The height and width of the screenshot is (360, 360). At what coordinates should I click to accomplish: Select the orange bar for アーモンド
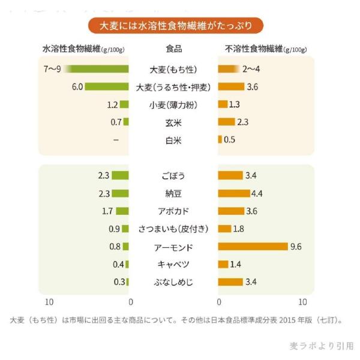pos(253,247)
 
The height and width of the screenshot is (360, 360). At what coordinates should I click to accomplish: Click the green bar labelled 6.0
pos(107,87)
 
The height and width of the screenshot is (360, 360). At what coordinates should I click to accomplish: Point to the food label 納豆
pos(173,193)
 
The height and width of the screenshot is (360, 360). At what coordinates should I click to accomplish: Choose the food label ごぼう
pos(173,176)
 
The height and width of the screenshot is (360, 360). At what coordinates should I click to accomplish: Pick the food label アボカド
pos(173,211)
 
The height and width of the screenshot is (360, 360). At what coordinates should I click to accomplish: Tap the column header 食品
pos(173,49)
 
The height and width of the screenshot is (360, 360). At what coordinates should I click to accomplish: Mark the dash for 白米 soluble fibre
pos(116,140)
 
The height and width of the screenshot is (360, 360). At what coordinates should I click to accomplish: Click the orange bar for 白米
pos(220,140)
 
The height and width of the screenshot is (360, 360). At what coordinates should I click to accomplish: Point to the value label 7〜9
pos(53,69)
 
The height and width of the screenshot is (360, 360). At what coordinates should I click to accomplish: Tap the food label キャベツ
pos(173,265)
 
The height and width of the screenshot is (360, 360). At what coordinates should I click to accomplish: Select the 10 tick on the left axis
pos(50,301)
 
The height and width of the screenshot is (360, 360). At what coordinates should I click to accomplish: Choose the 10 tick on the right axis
pos(302,301)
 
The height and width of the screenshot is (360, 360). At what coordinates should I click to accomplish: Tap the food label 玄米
pos(173,122)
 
